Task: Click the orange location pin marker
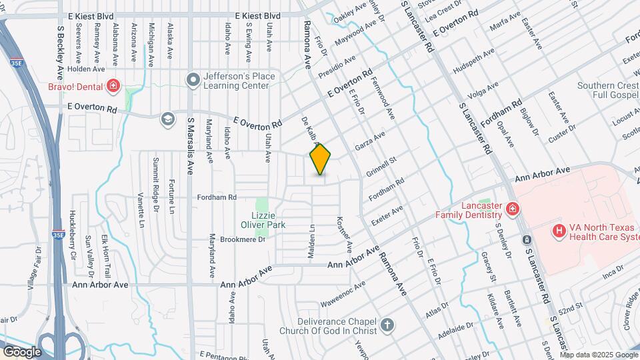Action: pos(321,159)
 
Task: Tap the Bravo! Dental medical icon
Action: pos(113,85)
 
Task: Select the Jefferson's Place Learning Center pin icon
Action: pos(193,81)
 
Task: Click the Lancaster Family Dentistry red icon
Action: pos(511,209)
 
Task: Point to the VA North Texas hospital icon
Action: pos(559,230)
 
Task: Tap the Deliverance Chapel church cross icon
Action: pos(386,326)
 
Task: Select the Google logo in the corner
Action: pos(21,351)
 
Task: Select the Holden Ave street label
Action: pos(86,68)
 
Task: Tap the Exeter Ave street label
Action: pos(387,215)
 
